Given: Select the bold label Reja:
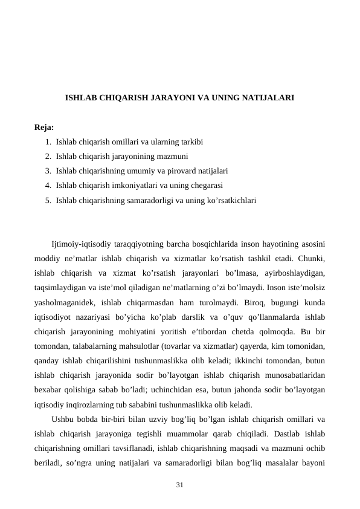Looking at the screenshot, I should point(44,128).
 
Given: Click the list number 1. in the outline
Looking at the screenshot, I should point(48,142).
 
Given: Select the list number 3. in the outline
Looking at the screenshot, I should point(48,171).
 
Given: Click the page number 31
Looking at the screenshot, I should point(180,485).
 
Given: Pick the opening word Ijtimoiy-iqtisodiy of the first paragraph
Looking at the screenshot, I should point(83,245).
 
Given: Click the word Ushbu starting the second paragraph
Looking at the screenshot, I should point(65,419).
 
